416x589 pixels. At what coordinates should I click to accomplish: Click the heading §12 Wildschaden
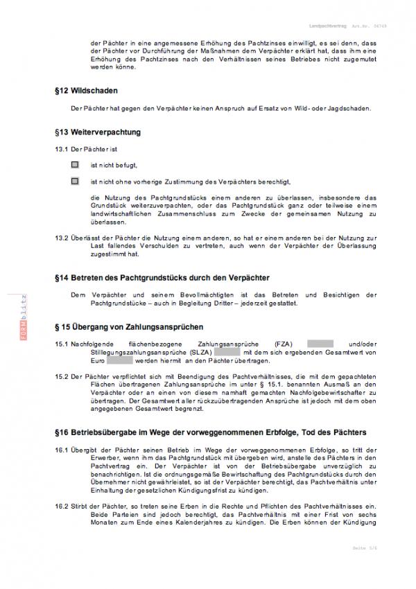click(86, 91)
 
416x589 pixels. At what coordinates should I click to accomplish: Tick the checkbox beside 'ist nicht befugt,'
click(75, 165)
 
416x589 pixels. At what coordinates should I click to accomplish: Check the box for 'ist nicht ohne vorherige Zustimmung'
click(75, 182)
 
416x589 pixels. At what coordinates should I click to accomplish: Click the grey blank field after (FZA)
click(320, 344)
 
